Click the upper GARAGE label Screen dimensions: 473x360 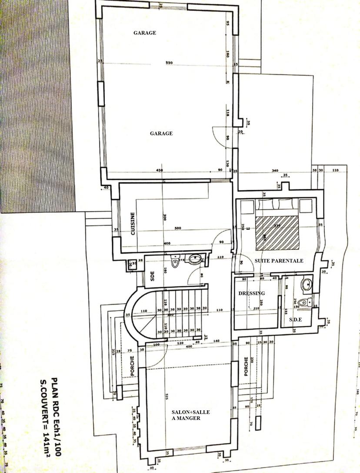145,33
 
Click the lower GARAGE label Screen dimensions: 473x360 161,134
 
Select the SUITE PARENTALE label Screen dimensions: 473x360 279,261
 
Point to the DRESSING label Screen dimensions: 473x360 252,293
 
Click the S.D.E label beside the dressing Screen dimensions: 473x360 296,320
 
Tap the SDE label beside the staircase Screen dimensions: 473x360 152,277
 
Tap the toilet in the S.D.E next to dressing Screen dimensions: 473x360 303,302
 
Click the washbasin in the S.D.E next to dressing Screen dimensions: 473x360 307,284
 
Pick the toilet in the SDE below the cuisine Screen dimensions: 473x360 176,263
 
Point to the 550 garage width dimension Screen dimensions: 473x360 169,63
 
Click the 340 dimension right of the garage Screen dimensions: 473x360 275,171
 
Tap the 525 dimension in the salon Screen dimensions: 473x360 167,396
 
